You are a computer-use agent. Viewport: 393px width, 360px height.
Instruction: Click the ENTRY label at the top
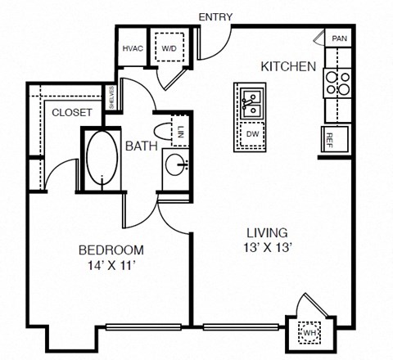click(x=215, y=16)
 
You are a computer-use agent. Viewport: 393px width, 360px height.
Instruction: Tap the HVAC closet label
click(x=133, y=48)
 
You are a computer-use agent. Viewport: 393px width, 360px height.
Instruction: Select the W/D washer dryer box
click(x=170, y=48)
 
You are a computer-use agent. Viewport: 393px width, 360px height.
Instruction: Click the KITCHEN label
click(x=288, y=66)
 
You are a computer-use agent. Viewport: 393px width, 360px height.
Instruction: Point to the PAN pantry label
click(x=339, y=38)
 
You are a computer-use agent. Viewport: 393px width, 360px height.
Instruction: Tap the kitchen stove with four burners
click(x=338, y=83)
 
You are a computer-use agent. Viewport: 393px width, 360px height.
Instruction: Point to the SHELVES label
click(x=111, y=99)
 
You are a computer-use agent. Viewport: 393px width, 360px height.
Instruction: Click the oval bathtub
click(x=103, y=158)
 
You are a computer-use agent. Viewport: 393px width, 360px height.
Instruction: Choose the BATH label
click(x=142, y=146)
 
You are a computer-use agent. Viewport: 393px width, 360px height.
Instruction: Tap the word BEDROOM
click(x=111, y=250)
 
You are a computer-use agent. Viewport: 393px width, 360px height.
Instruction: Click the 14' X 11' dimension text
click(x=111, y=265)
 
